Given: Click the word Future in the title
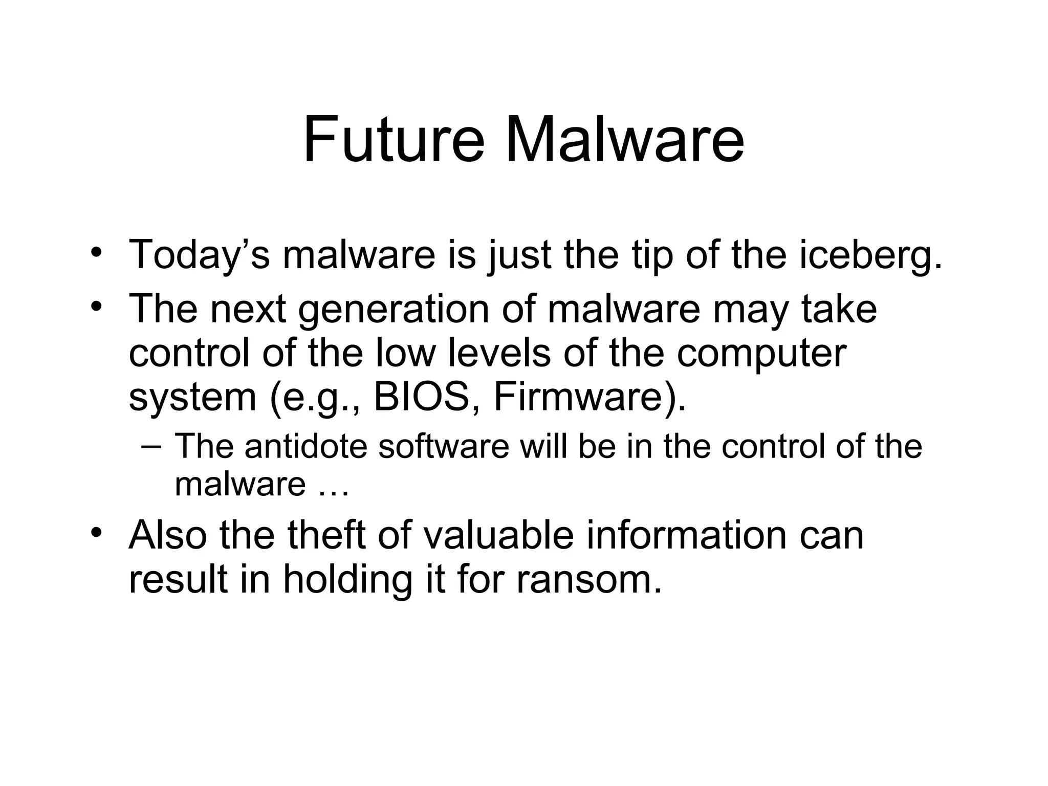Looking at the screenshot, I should pyautogui.click(x=393, y=139).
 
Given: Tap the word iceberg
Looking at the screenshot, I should pyautogui.click(x=870, y=255).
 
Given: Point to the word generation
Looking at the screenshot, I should pyautogui.click(x=394, y=310).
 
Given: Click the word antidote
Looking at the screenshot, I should pyautogui.click(x=305, y=446).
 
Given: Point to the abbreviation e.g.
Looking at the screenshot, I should pyautogui.click(x=317, y=398).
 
